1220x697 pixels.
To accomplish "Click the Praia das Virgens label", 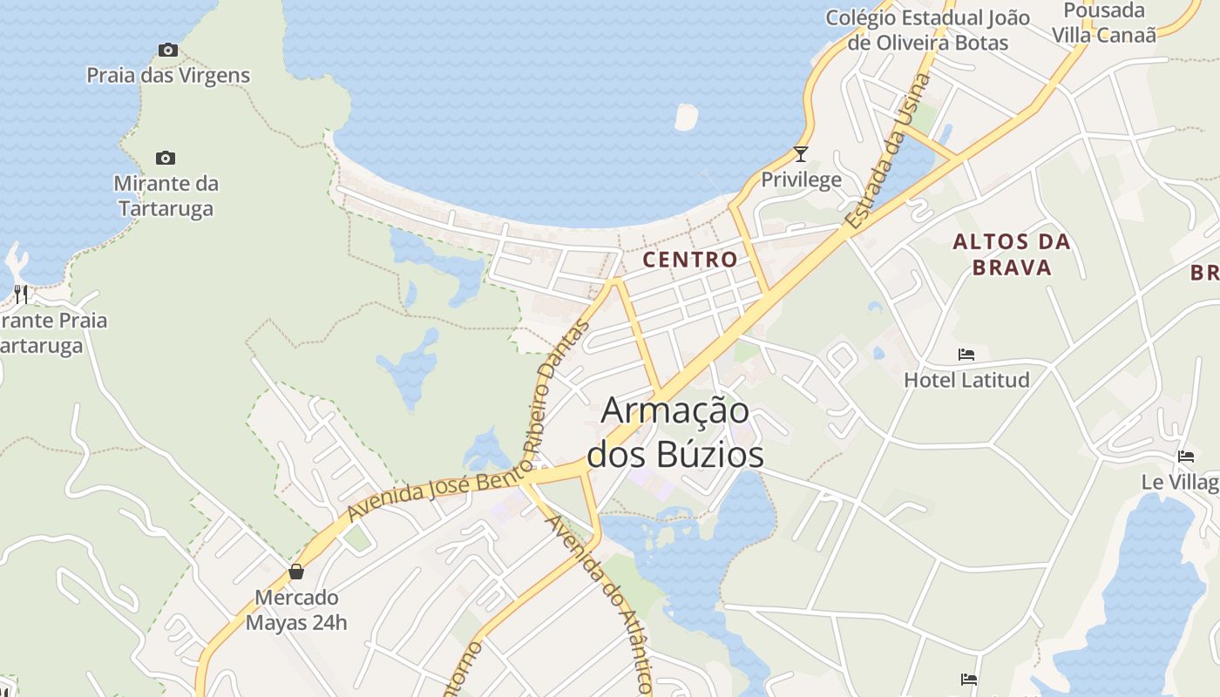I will [168, 76].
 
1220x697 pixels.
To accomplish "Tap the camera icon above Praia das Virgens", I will [168, 50].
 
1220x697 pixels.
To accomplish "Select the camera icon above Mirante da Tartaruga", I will [166, 158].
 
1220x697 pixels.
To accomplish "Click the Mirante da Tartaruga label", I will [166, 196].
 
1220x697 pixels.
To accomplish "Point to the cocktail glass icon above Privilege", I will [801, 154].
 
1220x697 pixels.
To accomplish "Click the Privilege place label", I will [801, 180].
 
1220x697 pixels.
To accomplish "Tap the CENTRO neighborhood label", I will [690, 259].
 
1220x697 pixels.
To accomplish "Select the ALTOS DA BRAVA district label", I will [1012, 254].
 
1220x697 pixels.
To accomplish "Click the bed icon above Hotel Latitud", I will [966, 355].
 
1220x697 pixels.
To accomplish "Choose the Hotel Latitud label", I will [966, 380].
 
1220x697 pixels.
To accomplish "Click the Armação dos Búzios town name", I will [675, 432].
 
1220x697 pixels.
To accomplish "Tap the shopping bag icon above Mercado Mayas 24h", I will [296, 572].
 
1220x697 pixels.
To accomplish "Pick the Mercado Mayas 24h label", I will [296, 610].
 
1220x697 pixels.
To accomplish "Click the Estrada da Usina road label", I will [888, 152].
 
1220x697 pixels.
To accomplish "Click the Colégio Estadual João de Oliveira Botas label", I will [927, 30].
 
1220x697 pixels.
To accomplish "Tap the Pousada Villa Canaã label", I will [1104, 23].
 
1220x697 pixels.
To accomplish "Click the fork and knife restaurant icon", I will [21, 294].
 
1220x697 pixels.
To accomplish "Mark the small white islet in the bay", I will [687, 117].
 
